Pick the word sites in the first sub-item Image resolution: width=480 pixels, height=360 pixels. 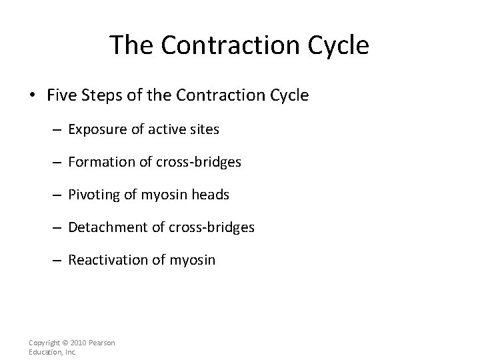(203, 129)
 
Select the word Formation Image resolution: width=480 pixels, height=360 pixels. (100, 162)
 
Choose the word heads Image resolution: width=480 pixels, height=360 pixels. (212, 195)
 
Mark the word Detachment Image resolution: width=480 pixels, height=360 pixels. (104, 227)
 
